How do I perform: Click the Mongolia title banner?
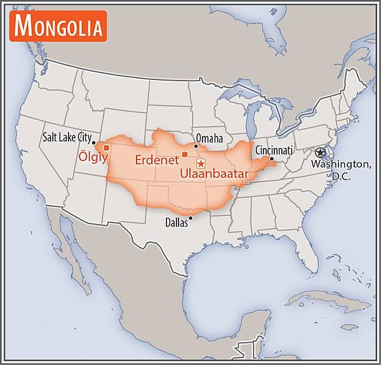point(57,26)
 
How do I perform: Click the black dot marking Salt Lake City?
point(94,142)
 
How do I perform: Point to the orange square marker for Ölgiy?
point(106,148)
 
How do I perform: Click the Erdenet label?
point(155,160)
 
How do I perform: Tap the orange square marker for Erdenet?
point(184,154)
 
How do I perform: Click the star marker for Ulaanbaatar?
point(201,164)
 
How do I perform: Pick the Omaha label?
point(210,138)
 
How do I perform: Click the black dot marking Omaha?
point(196,146)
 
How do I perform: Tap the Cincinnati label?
point(274,150)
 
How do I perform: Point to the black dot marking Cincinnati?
point(271,159)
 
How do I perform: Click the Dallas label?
point(177,223)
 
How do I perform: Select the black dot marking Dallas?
point(190,217)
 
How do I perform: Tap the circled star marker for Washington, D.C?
point(320,152)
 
